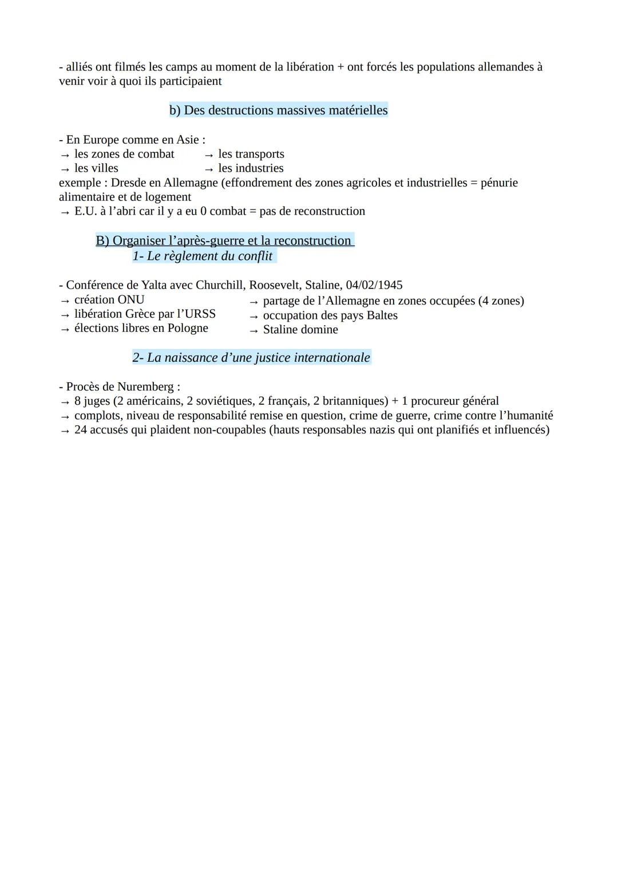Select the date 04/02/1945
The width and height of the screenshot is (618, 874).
click(374, 285)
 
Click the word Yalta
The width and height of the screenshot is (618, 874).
click(140, 285)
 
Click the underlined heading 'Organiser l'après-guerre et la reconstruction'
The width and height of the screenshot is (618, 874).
click(224, 241)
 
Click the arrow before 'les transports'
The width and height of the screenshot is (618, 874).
click(209, 155)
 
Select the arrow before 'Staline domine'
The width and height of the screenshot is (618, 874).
click(254, 330)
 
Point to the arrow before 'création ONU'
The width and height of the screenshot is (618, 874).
click(65, 300)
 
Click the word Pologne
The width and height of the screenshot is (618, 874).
click(188, 329)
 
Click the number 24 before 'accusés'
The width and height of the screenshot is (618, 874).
click(81, 430)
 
